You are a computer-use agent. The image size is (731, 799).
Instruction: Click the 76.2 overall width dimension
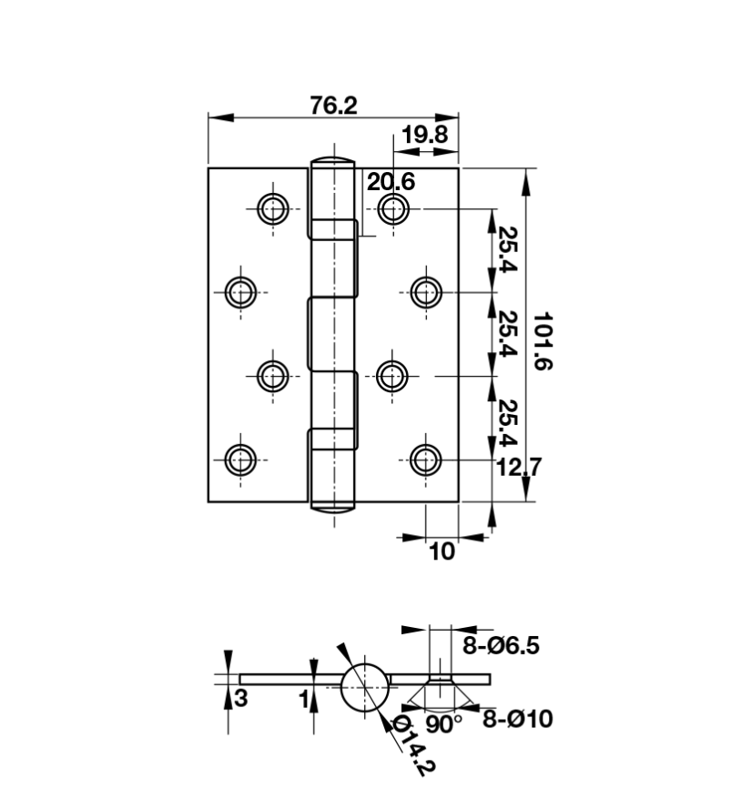334,106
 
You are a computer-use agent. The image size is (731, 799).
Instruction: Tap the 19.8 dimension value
424,135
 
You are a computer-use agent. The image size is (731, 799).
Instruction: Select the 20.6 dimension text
391,182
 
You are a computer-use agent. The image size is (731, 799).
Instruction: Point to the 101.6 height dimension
543,341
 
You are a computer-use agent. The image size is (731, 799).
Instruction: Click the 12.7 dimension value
519,467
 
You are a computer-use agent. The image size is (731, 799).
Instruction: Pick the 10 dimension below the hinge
442,551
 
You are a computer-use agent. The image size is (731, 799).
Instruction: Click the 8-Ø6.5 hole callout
501,645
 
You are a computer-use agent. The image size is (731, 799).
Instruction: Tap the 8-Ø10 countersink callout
517,719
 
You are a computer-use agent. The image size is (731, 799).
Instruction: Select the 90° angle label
443,724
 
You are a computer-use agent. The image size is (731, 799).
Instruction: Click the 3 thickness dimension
241,698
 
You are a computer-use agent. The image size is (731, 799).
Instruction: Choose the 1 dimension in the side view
304,699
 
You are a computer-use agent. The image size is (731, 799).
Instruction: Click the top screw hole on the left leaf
273,209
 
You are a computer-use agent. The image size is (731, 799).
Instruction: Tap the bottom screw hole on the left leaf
240,460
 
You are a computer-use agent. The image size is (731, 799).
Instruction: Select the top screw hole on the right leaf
393,209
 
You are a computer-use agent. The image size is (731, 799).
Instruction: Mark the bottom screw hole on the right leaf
426,460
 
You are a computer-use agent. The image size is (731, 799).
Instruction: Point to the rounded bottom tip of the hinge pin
332,507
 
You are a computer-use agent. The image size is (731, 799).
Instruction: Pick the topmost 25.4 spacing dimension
507,249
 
